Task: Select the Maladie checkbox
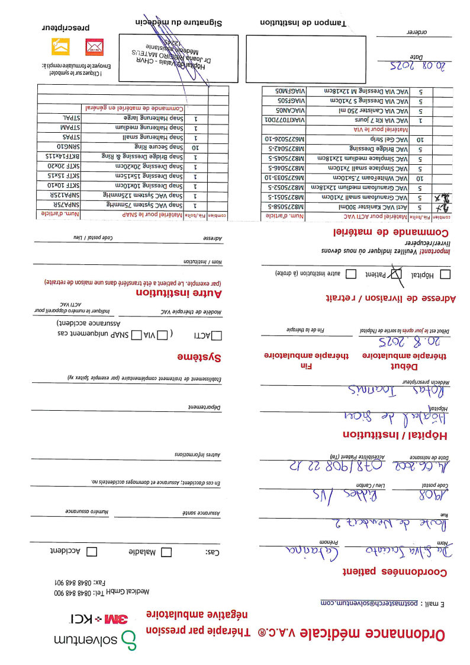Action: pyautogui.click(x=166, y=551)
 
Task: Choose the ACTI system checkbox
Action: pyautogui.click(x=216, y=335)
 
